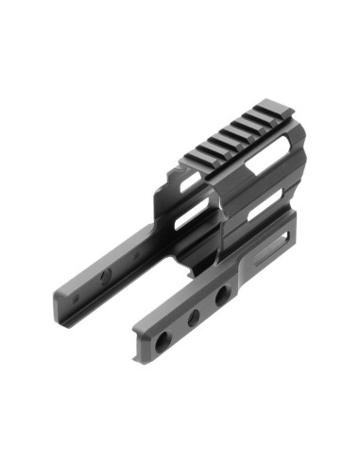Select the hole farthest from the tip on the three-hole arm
[x=223, y=297]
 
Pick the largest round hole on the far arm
[x=106, y=274]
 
